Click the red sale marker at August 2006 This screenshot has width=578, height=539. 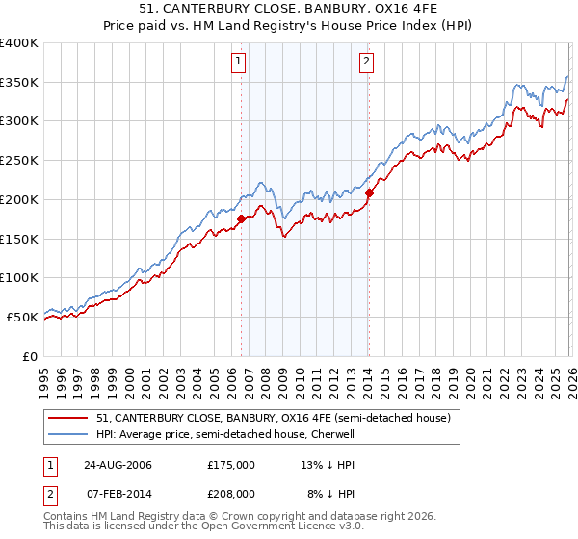point(241,218)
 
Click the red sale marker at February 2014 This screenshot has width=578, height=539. point(369,192)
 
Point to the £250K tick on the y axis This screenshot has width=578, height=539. point(19,160)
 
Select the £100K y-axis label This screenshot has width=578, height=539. point(19,277)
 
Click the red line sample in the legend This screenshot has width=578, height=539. point(70,418)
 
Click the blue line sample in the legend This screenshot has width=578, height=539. point(70,434)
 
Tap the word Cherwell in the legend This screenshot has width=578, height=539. point(332,434)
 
